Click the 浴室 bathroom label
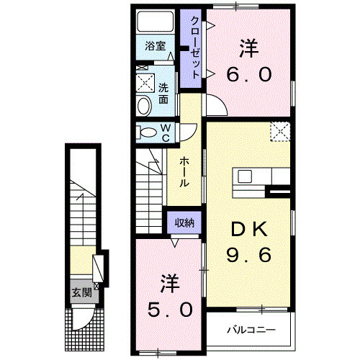[155, 46]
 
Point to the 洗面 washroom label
[164, 94]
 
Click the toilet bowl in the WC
[148, 132]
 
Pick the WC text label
[165, 132]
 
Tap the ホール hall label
[184, 171]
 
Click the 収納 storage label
[184, 222]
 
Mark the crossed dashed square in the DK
[280, 132]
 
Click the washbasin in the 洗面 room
[143, 107]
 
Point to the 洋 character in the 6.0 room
[249, 48]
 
